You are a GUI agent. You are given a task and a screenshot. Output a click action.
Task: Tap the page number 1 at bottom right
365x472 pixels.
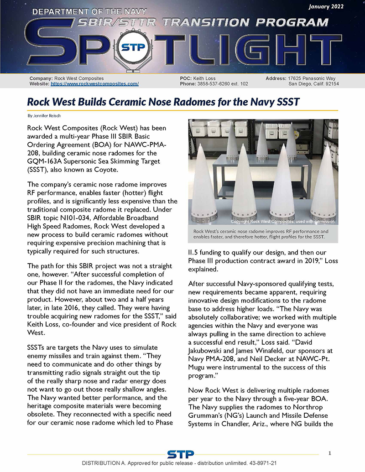(x=329, y=453)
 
